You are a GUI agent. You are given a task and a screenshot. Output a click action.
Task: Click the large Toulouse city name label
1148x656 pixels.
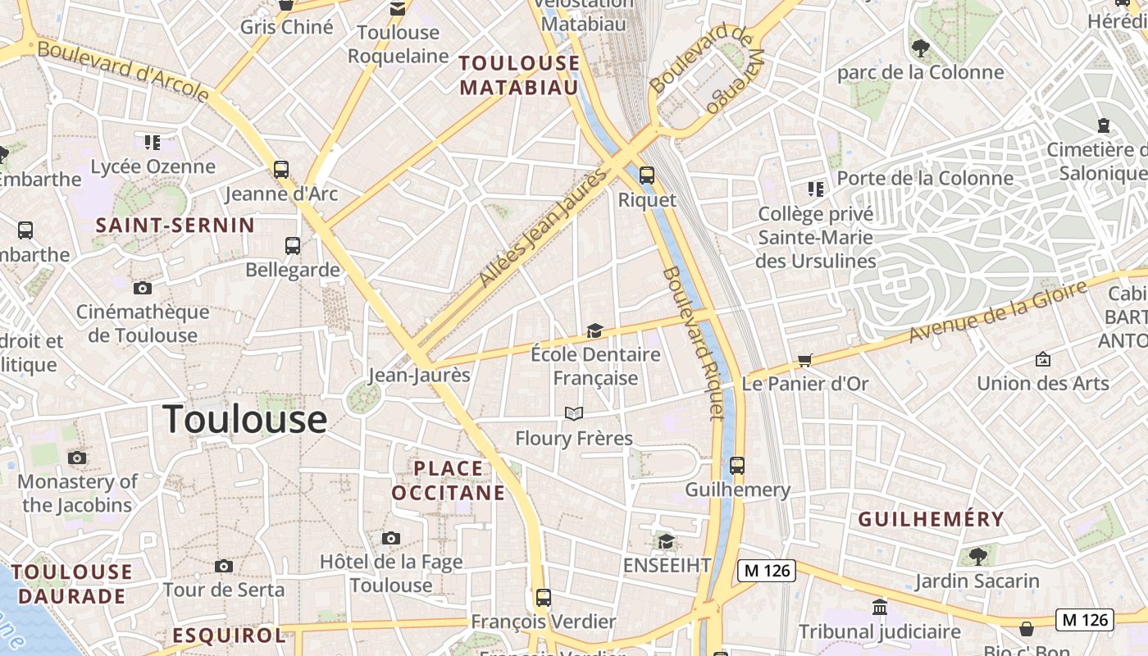point(244,420)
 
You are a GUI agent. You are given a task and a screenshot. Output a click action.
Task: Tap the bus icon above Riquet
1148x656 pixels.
point(647,175)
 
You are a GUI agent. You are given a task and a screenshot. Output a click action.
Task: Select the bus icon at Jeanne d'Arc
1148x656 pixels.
point(281,170)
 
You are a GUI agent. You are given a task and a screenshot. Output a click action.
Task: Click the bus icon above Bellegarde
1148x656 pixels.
point(293,245)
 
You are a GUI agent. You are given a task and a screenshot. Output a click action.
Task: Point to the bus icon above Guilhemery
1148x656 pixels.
point(737,466)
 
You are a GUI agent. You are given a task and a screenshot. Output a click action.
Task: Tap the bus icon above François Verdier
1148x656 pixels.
point(543,597)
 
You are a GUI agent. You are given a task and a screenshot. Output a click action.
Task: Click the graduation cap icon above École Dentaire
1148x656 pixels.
point(594,330)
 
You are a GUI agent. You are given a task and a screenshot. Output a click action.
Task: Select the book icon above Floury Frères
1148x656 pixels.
point(574,413)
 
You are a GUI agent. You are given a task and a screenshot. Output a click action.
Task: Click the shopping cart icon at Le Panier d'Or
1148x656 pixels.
point(805,360)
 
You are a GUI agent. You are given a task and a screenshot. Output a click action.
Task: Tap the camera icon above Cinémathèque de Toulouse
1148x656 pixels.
point(143,288)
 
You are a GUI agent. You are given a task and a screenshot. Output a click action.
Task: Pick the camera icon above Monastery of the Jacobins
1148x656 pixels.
point(77,458)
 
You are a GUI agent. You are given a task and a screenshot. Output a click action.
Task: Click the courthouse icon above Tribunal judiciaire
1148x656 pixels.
point(880,608)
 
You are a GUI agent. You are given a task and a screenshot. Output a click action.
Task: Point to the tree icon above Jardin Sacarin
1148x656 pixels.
point(977,557)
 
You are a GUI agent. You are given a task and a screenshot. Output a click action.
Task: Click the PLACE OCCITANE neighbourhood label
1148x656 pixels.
point(448,481)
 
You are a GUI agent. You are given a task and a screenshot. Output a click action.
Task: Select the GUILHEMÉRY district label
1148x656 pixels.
point(931,519)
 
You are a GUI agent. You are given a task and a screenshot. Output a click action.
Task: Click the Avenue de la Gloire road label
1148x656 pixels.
point(997,312)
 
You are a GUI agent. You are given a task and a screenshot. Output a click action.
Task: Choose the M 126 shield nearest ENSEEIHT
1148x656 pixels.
point(767,571)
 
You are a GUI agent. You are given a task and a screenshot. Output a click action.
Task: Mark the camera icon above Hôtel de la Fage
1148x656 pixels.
point(391,538)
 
